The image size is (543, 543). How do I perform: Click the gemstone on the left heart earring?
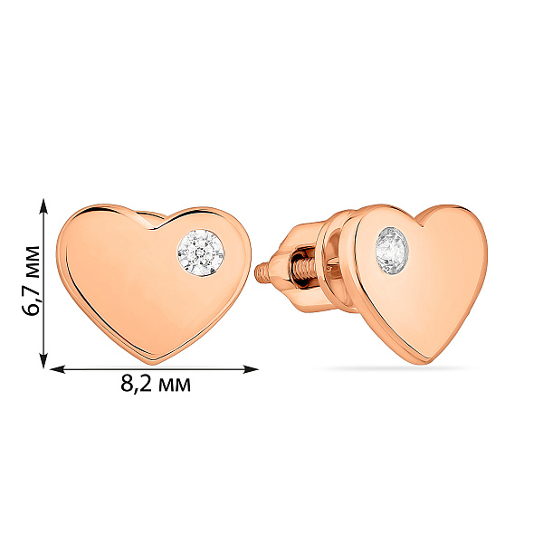point(201,252)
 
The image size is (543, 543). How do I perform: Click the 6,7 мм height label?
point(31,281)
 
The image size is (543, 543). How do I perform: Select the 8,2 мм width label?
point(156,384)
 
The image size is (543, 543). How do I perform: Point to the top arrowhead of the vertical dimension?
point(43,207)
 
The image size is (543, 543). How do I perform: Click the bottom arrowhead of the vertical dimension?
point(43,359)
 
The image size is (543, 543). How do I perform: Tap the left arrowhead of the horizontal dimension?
point(58,369)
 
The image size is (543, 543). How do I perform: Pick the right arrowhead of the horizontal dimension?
point(251,369)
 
